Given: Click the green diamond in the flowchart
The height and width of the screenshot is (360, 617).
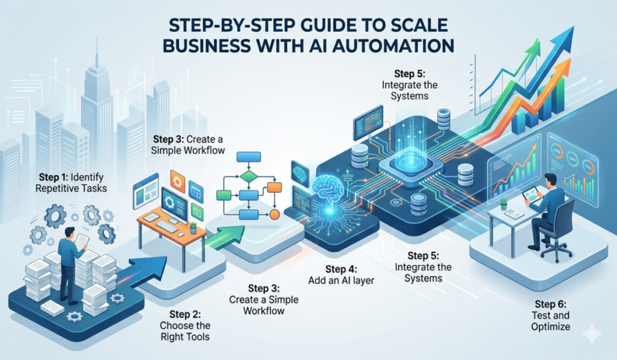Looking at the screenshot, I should click(x=249, y=177).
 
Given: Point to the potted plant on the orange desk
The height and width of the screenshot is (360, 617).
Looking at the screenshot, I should click(x=193, y=228).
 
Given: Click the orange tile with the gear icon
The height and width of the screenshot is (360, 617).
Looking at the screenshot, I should click(x=178, y=180).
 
